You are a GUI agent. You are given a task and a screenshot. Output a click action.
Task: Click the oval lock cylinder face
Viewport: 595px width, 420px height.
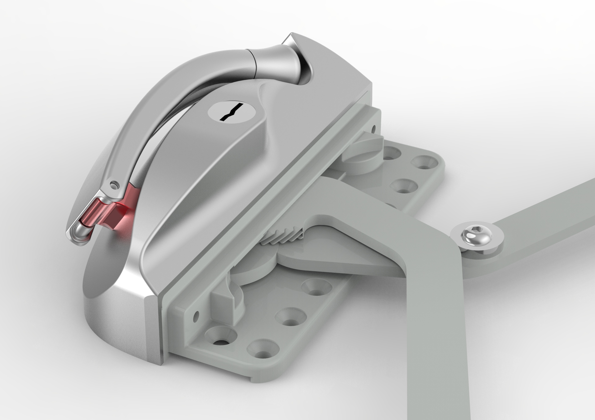pos(232,112)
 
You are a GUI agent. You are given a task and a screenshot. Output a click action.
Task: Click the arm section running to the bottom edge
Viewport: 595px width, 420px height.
pos(434,356)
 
